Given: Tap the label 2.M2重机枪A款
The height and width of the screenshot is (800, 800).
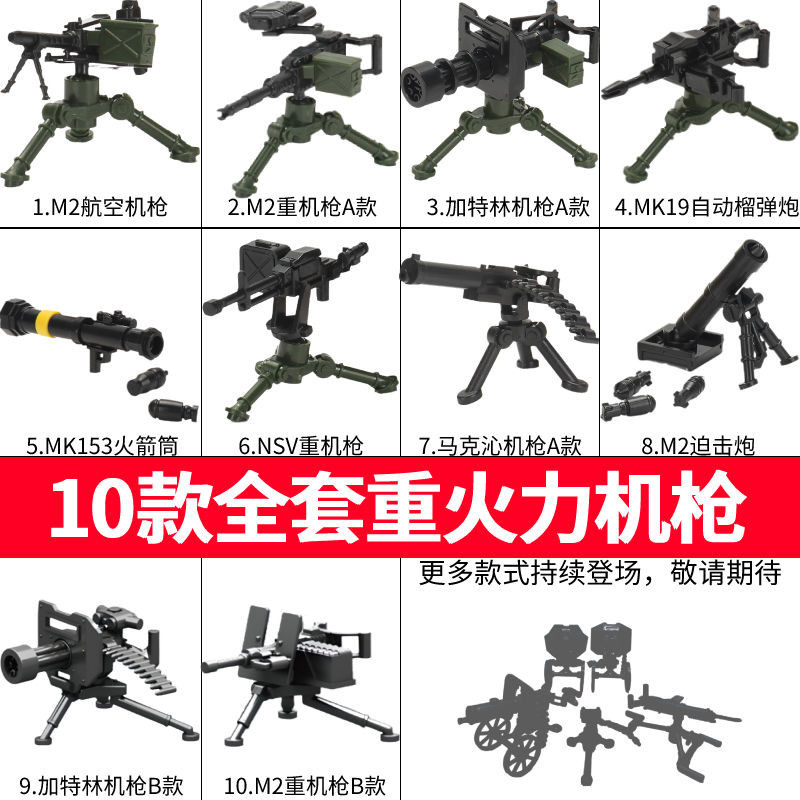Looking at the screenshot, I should (x=300, y=209).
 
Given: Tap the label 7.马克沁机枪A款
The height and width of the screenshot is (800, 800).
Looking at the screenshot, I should (x=500, y=443).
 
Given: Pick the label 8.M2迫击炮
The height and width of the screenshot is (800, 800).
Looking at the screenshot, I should (x=700, y=443).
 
